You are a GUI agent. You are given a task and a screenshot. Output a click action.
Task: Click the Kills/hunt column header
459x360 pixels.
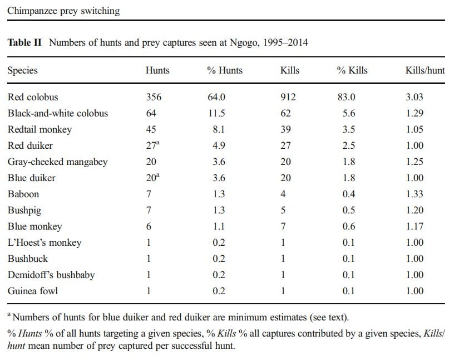tap(425, 71)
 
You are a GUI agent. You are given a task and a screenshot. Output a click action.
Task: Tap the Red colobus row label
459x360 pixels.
tap(33, 98)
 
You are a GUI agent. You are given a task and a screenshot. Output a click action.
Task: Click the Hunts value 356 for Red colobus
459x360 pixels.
tap(153, 98)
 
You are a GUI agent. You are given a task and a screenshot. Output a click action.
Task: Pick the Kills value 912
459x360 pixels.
tap(288, 98)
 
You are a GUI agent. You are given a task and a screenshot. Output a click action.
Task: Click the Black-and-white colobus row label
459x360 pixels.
tap(58, 114)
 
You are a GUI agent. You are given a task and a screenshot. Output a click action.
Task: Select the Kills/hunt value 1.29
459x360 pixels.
tap(414, 114)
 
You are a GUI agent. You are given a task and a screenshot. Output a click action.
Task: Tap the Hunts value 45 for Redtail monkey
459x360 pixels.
tap(151, 130)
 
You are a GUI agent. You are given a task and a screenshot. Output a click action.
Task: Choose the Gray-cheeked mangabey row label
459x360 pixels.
tap(58, 162)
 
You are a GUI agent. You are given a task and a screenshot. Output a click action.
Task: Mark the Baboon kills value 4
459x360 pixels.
tap(283, 194)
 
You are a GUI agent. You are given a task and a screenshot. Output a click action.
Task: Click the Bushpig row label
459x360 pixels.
tap(25, 211)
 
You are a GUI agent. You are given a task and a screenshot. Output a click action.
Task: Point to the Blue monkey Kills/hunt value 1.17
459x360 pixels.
tap(414, 227)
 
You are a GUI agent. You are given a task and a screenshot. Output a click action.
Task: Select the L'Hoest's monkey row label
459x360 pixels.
tap(45, 243)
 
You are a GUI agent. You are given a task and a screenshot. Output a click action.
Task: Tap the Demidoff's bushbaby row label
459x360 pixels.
tap(51, 275)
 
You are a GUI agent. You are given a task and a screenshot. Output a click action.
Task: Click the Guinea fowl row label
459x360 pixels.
tap(33, 291)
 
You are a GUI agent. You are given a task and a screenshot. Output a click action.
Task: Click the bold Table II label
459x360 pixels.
tap(24, 43)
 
